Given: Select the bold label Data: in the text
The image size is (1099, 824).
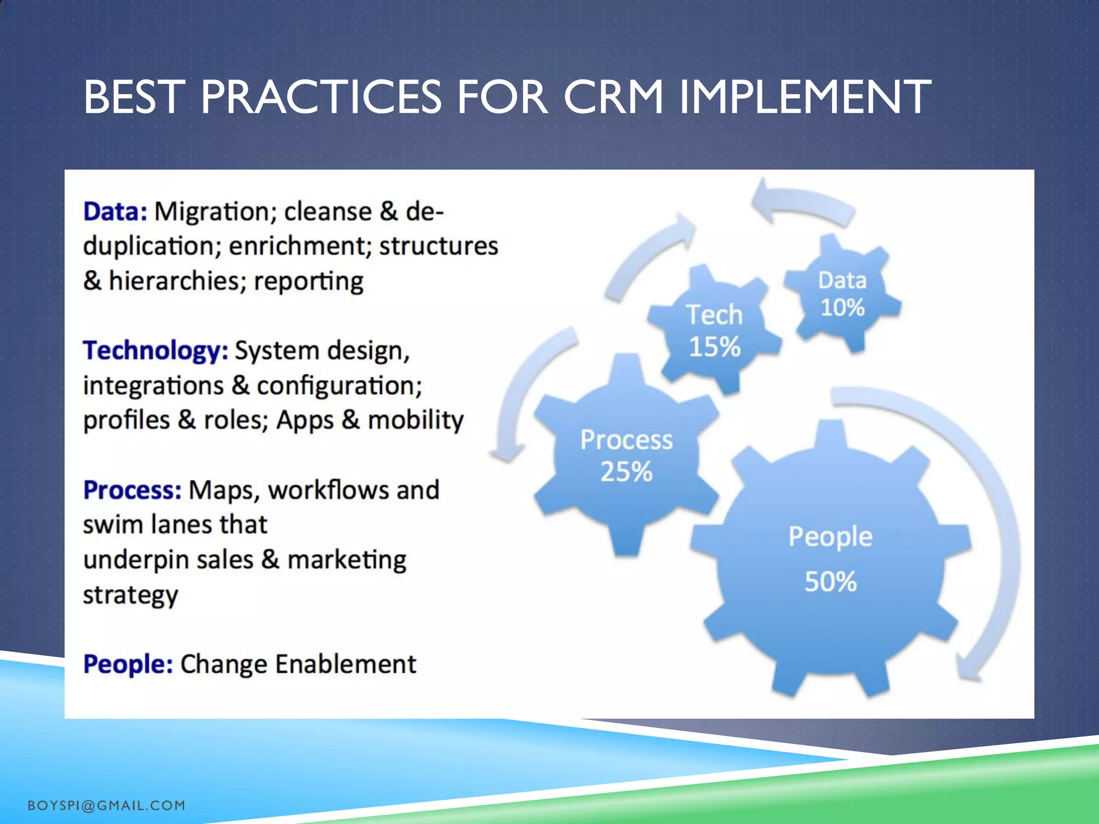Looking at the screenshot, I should [115, 211].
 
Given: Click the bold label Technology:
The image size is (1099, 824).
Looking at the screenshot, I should [156, 351].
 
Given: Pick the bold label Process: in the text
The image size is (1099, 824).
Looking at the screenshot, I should [132, 490].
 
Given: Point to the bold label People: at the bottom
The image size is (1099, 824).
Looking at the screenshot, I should [128, 664].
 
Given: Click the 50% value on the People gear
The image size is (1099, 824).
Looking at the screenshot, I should [830, 582].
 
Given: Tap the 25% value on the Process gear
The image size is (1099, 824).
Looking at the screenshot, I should [626, 472].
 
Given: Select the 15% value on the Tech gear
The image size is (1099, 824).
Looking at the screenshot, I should [714, 347].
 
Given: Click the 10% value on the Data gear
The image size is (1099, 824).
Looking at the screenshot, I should [842, 307].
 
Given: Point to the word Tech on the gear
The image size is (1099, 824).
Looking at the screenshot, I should [714, 315].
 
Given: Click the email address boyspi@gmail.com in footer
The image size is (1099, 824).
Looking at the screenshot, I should [106, 805].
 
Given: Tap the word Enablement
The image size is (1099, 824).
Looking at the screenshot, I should [346, 664].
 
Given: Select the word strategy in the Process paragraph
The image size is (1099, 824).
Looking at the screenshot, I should [130, 595].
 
